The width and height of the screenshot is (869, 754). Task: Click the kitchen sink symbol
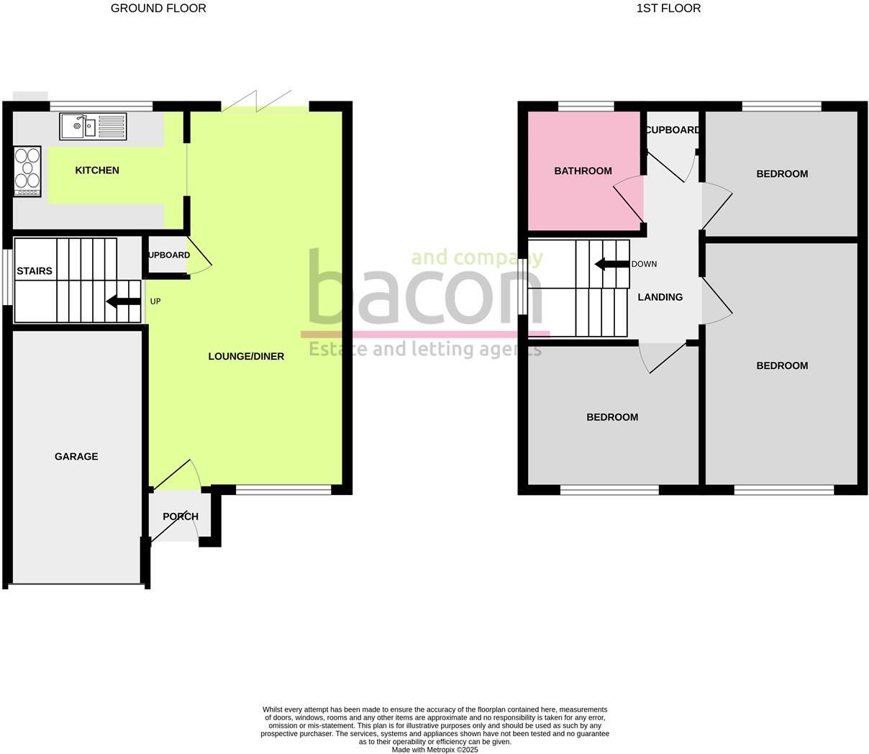click(94, 127)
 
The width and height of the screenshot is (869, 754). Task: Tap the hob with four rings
click(27, 171)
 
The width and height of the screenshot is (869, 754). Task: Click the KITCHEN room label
click(97, 171)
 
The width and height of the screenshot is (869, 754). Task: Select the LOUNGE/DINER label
click(246, 356)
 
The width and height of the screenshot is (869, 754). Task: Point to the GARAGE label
click(76, 456)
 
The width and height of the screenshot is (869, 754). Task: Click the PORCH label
click(180, 517)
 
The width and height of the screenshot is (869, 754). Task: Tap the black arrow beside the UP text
click(124, 301)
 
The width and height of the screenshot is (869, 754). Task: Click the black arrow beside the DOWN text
click(612, 264)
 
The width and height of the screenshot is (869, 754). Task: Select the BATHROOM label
click(583, 171)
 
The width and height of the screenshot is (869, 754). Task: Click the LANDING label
click(660, 296)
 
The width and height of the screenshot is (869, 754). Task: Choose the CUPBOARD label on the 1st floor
click(673, 130)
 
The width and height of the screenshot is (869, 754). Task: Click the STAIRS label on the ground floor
click(35, 271)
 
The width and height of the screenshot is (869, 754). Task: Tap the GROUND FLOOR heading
click(158, 9)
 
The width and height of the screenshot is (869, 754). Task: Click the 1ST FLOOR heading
click(668, 9)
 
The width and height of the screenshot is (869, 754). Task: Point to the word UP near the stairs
click(155, 301)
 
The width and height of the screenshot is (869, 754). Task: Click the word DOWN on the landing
click(644, 264)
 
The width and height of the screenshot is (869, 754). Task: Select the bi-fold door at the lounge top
click(257, 101)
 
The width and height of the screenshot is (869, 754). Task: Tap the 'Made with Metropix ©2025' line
click(434, 750)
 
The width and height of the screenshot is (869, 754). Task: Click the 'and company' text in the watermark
click(476, 257)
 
